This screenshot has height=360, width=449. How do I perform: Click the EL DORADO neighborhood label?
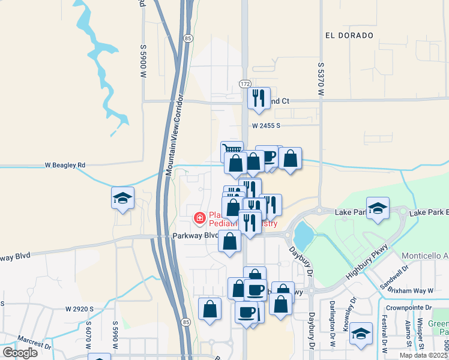[349, 35]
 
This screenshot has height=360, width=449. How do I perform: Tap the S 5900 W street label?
[143, 61]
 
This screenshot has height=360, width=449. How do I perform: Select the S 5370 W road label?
[321, 79]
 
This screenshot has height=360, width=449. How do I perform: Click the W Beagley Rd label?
[65, 164]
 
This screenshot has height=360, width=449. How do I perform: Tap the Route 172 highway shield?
[245, 84]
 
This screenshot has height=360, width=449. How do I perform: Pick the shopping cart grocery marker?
[231, 149]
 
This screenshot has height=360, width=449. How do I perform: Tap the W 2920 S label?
[80, 308]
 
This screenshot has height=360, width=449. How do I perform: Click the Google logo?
[20, 352]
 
